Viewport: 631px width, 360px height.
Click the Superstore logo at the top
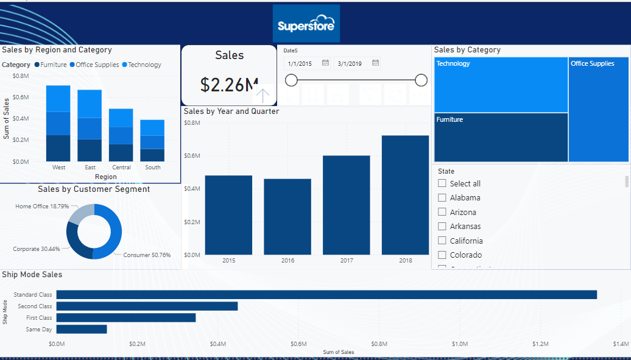pyautogui.click(x=306, y=24)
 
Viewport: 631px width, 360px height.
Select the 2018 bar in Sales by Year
pyautogui.click(x=405, y=195)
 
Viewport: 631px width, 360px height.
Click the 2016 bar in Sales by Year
pyautogui.click(x=287, y=216)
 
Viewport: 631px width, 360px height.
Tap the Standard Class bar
pyautogui.click(x=326, y=295)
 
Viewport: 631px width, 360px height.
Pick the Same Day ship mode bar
pyautogui.click(x=82, y=330)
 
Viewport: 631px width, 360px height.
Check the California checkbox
pyautogui.click(x=442, y=241)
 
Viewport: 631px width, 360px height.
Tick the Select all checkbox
pyautogui.click(x=442, y=183)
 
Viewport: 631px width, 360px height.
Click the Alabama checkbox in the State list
pyautogui.click(x=442, y=197)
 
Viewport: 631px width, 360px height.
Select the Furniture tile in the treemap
pyautogui.click(x=501, y=137)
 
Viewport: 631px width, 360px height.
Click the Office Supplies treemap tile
pyautogui.click(x=599, y=110)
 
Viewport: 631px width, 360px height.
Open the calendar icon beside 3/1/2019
pyautogui.click(x=375, y=63)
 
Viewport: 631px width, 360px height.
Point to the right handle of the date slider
pyautogui.click(x=421, y=80)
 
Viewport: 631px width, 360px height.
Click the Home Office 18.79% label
pyautogui.click(x=42, y=206)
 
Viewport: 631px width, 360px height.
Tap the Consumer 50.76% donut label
pyautogui.click(x=147, y=255)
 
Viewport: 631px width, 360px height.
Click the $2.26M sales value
pyautogui.click(x=229, y=85)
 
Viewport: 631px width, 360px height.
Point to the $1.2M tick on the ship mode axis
pyautogui.click(x=540, y=344)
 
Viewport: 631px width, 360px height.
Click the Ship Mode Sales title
pyautogui.click(x=32, y=275)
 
